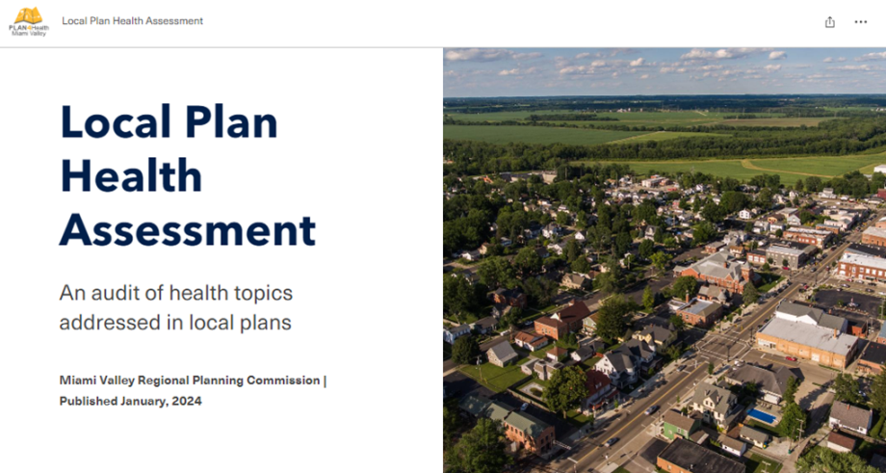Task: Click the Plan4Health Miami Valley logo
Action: point(29,21)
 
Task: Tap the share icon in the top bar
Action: point(829,22)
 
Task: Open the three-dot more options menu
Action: point(861,22)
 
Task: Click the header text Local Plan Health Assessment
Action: point(132,21)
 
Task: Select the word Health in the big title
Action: point(131,175)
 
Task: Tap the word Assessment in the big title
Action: point(188,229)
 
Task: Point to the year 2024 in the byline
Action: point(189,401)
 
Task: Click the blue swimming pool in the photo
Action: point(762,416)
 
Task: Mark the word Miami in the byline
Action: point(74,381)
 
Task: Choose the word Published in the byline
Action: point(89,401)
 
